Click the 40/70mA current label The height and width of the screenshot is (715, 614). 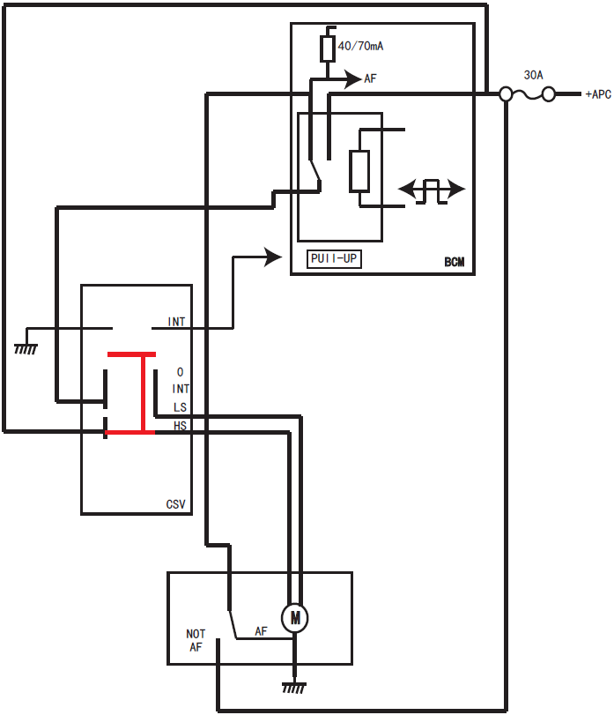pos(361,46)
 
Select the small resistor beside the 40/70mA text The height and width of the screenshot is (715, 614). pos(327,48)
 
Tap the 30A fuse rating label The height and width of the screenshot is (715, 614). pos(533,76)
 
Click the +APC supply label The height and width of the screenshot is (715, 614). pos(596,94)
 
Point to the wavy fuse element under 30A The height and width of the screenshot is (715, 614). pos(527,94)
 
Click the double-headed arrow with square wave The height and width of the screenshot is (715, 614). pos(432,190)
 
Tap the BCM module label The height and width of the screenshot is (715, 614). pos(455,263)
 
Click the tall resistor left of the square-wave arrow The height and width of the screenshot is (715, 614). pos(359,171)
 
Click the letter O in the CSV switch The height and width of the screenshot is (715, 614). pos(180,373)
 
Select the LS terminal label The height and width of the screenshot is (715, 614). pos(180,407)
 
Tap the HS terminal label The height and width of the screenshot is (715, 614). pos(180,425)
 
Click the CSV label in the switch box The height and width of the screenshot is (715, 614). pos(176,505)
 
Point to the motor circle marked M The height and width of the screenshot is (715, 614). pos(295,618)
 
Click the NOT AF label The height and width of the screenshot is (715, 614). pos(196,640)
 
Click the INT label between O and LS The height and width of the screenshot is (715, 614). pos(181,389)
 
